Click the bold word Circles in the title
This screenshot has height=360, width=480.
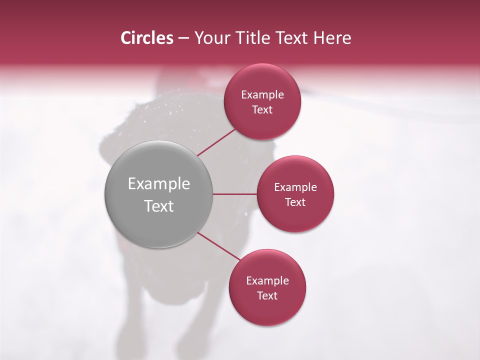(x=147, y=38)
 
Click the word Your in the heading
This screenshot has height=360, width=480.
(x=211, y=38)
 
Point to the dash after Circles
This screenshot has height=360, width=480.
(x=183, y=38)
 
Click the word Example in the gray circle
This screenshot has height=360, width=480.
(x=159, y=184)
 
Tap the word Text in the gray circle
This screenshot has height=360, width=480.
(x=159, y=206)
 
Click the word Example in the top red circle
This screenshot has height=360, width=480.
(x=262, y=95)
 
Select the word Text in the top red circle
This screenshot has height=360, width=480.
(x=262, y=110)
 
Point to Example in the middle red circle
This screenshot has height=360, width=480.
(x=295, y=187)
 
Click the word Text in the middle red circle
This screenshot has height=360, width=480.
(x=295, y=202)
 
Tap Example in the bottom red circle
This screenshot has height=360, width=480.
(x=267, y=281)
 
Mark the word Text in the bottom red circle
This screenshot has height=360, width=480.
(x=267, y=296)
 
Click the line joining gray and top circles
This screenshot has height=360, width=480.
(x=216, y=142)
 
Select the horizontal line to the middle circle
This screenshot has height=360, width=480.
(x=234, y=194)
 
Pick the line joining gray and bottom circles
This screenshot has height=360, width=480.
(x=219, y=246)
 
